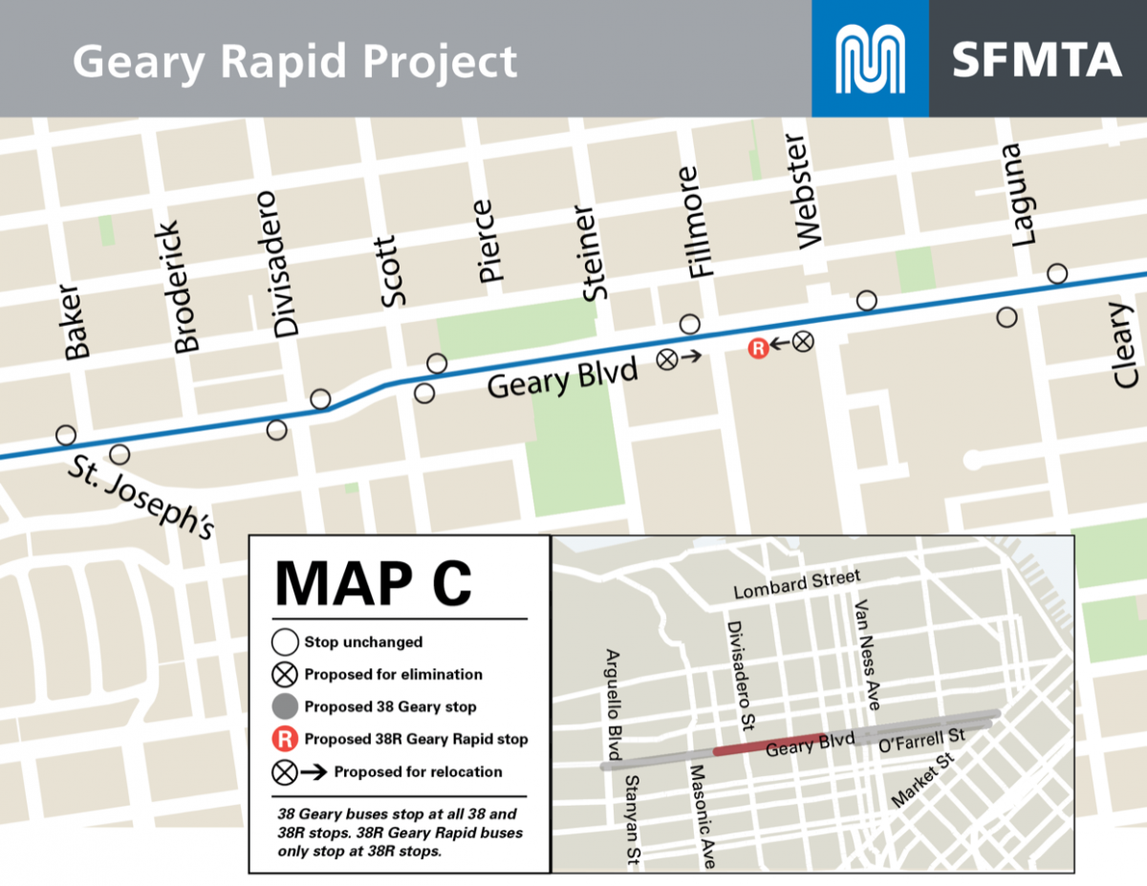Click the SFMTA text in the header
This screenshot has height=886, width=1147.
click(1036, 59)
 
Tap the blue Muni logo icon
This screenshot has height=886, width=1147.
click(870, 59)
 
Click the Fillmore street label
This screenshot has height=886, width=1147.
click(701, 223)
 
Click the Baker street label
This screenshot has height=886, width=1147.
click(76, 322)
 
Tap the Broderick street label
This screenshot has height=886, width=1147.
click(187, 288)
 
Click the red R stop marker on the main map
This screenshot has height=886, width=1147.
click(758, 349)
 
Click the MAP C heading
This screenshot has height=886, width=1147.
click(374, 582)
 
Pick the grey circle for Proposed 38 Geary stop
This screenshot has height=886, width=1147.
click(284, 706)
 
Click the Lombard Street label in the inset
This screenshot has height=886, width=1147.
click(796, 584)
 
